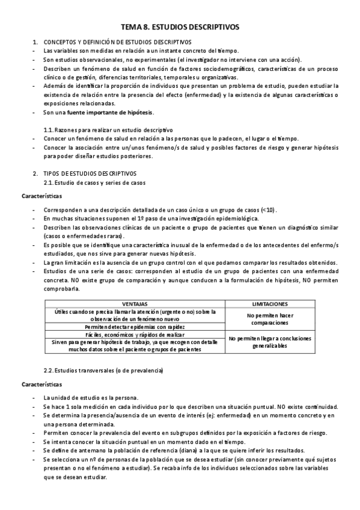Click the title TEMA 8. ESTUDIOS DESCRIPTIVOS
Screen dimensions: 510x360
[180, 27]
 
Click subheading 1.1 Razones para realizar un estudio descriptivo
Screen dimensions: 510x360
[108, 130]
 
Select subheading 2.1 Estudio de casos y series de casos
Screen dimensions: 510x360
[94, 182]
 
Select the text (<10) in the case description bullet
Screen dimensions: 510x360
[268, 209]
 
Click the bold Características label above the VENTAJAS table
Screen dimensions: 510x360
[41, 196]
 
